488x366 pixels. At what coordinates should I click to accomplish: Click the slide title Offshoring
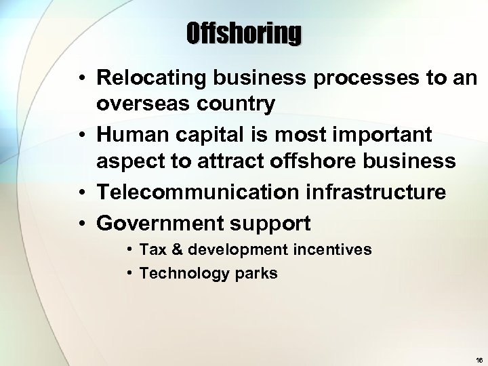point(244,33)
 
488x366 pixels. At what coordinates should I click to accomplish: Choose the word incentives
point(332,249)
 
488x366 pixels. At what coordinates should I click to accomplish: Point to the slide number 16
point(479,360)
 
